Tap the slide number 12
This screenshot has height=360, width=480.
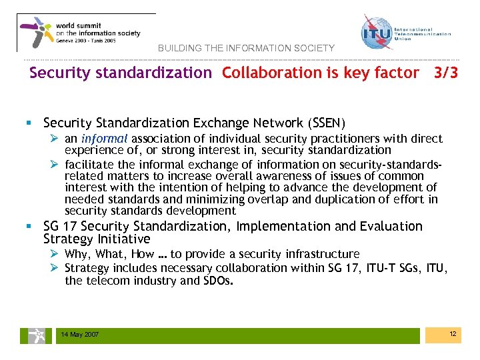(453, 333)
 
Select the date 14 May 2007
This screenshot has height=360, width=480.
(79, 334)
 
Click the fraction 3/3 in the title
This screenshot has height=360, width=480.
(445, 73)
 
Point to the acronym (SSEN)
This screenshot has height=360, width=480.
(327, 123)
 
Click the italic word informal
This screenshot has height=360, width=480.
(105, 139)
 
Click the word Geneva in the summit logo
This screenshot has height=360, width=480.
(65, 40)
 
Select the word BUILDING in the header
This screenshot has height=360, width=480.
(177, 49)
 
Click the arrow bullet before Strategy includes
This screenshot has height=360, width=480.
(56, 267)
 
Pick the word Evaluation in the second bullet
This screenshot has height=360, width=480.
(391, 227)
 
